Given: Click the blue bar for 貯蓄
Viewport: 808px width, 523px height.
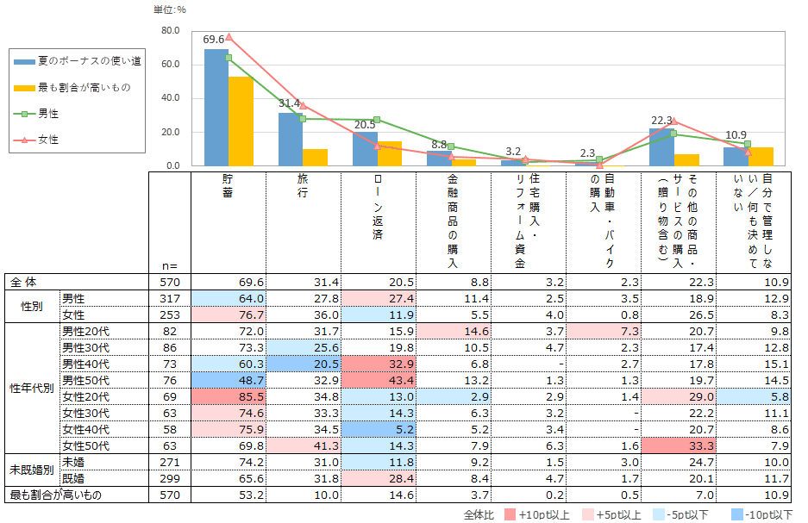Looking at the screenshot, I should [x=216, y=107].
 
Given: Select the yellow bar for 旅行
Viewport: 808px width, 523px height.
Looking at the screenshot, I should [x=315, y=157].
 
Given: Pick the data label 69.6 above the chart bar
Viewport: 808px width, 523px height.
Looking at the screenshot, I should [x=214, y=39].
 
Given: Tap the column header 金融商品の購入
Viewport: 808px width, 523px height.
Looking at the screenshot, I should [x=452, y=221].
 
